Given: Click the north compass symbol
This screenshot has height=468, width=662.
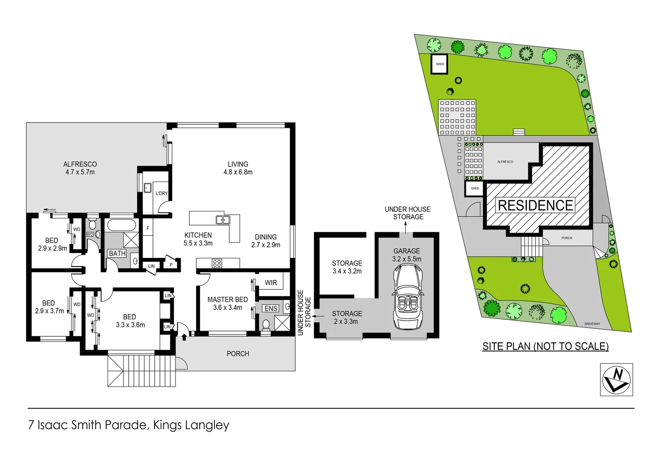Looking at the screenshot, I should (x=616, y=380).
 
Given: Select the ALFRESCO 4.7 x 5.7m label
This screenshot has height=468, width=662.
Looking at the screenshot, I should (x=80, y=168).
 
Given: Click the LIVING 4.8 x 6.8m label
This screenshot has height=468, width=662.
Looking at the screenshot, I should (x=238, y=168).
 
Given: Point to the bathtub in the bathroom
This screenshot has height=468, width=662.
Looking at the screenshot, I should (x=122, y=225).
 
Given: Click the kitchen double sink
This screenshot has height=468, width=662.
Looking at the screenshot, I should (x=223, y=220).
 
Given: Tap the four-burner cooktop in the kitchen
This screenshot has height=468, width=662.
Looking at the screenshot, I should (x=217, y=263).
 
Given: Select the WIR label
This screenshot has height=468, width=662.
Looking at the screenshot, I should (x=271, y=283).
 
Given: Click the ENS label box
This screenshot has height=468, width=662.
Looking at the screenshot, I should (x=271, y=309).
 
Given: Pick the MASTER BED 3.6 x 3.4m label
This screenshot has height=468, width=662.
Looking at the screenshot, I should (x=227, y=303).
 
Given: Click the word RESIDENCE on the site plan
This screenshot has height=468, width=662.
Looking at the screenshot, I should (x=535, y=205).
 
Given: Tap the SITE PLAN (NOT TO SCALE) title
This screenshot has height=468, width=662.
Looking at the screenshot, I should (x=545, y=346).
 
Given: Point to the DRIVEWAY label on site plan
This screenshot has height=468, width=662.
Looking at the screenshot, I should (x=592, y=324).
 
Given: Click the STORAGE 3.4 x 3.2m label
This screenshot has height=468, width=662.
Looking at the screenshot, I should (x=347, y=267).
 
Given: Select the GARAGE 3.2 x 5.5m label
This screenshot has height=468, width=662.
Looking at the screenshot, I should (x=406, y=255).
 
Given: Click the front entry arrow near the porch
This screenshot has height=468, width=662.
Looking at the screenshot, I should (x=184, y=335).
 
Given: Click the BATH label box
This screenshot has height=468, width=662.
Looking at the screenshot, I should (x=117, y=253).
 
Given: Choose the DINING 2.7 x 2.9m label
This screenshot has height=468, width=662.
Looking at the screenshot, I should (x=266, y=241).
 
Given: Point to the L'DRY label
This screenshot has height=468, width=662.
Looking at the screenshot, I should (x=162, y=193).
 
